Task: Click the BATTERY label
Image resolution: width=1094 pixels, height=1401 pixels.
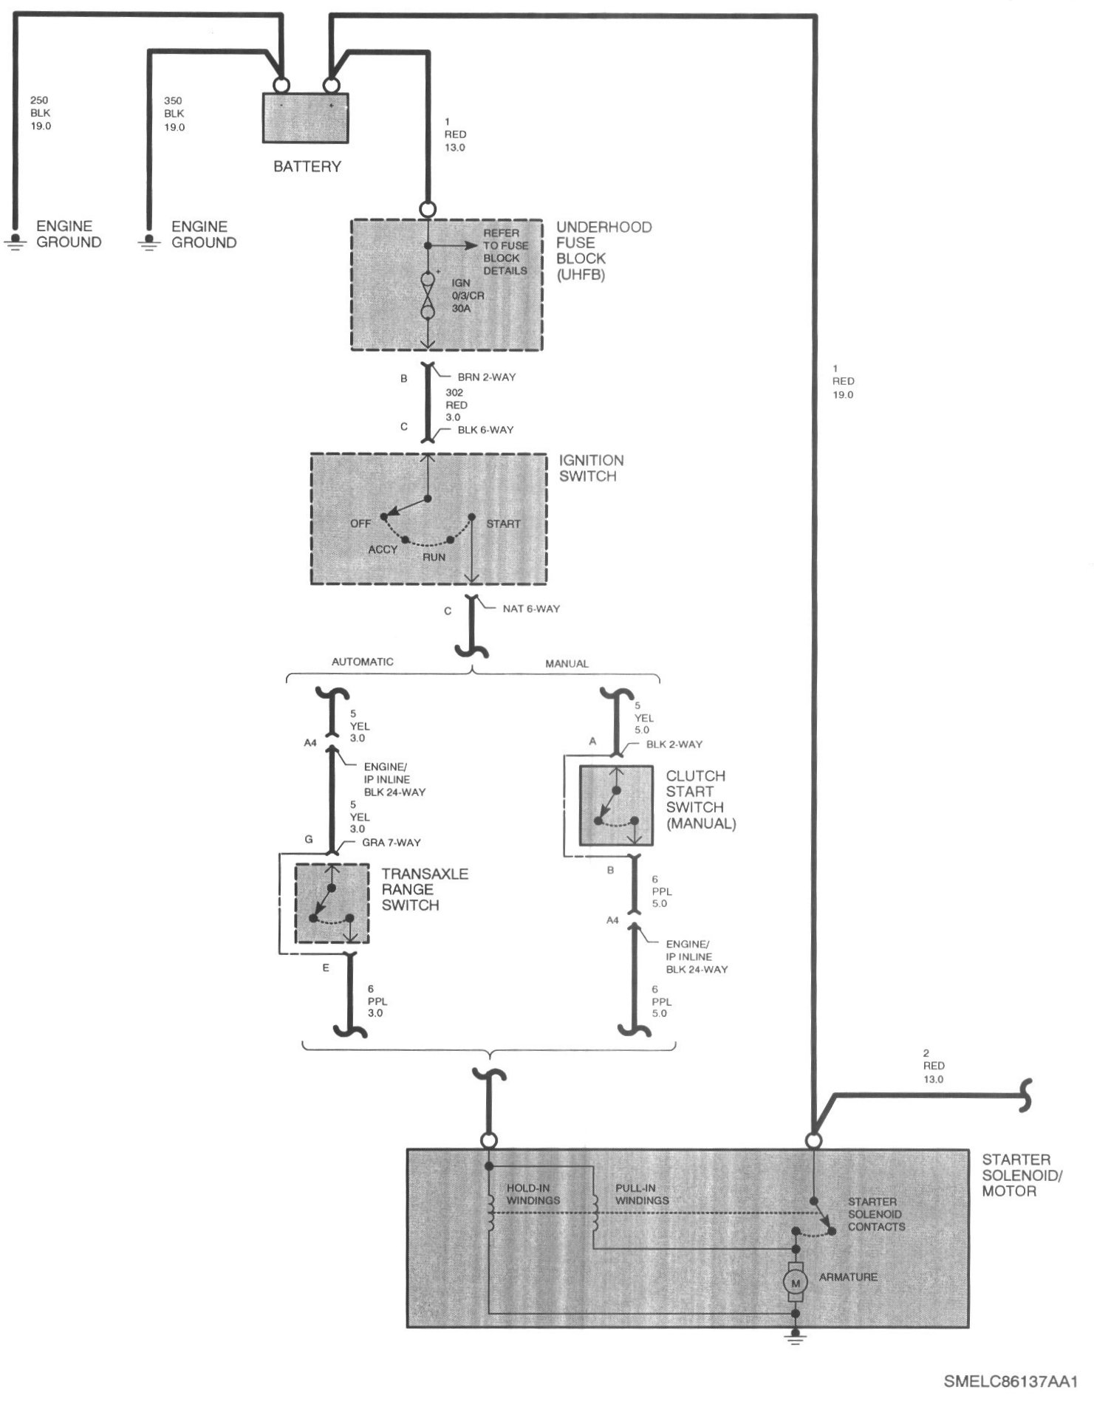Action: pos(307,167)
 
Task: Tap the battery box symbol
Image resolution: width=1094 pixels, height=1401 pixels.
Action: pos(306,118)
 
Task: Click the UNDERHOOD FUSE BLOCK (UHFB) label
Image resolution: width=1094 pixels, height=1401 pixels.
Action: pos(604,251)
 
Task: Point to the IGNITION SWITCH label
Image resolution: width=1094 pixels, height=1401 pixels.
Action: pos(591,468)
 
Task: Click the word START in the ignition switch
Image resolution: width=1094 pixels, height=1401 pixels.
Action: pos(503,524)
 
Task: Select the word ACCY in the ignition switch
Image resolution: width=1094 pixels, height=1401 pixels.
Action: pos(383,549)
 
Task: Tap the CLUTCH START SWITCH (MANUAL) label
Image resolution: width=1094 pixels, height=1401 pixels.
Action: pos(700,799)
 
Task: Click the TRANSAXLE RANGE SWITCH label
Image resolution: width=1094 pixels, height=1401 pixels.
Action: pos(425,889)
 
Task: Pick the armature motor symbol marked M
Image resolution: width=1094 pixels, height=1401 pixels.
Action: pos(796,1283)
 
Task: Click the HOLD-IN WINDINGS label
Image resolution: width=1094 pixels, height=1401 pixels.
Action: pos(533,1194)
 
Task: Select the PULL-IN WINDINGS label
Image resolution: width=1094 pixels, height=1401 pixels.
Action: pos(642,1194)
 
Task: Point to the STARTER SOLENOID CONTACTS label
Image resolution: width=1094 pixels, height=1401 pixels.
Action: pos(876,1214)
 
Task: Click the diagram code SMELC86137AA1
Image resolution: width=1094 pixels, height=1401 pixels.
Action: pos(1011,1381)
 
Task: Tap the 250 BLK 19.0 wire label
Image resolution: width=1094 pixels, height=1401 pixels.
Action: pos(41,113)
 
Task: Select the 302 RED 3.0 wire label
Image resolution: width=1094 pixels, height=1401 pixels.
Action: pos(456,405)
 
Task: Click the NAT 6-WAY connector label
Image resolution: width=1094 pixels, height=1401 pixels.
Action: pos(531,609)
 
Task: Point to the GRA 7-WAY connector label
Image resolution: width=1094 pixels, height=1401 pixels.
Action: pos(391,842)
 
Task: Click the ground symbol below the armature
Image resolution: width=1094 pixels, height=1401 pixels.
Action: pos(796,1337)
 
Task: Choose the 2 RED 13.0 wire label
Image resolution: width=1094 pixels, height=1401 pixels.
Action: pos(933,1066)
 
